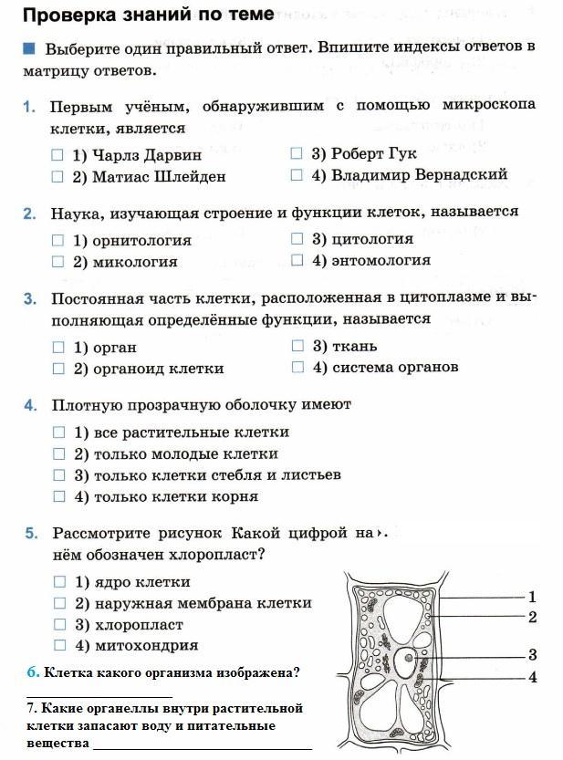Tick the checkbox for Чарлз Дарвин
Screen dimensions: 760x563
click(x=57, y=155)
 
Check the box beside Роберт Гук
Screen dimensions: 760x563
click(x=297, y=153)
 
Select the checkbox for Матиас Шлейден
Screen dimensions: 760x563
click(x=57, y=176)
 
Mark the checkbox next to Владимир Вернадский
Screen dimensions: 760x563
click(x=297, y=174)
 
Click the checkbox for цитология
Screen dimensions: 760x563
click(x=297, y=239)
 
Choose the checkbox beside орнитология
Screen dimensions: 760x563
click(x=58, y=241)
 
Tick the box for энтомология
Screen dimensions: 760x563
click(x=297, y=260)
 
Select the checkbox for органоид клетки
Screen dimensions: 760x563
click(x=58, y=369)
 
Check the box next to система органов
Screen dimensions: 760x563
click(x=297, y=367)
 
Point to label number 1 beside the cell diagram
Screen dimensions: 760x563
click(x=532, y=597)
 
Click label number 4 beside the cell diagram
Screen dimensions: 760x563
click(x=532, y=677)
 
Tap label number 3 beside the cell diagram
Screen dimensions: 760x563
click(x=532, y=654)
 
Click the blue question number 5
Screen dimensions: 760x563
click(x=30, y=533)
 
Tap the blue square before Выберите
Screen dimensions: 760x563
click(x=29, y=47)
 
